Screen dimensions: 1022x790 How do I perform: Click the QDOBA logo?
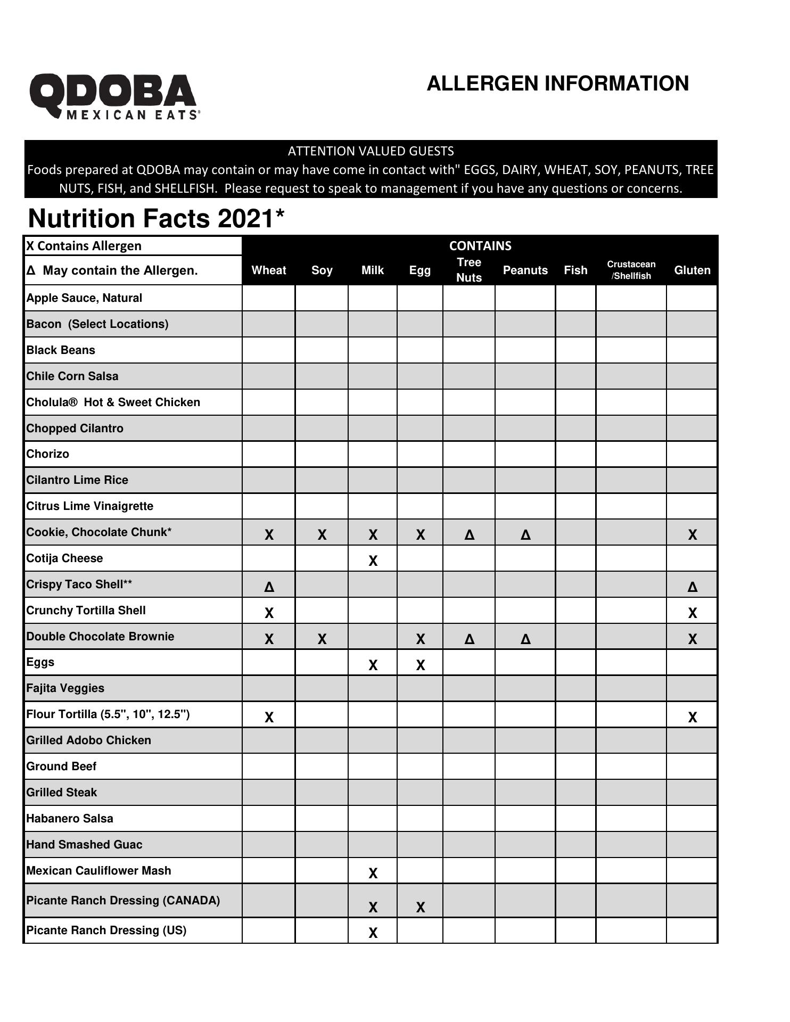click(x=114, y=96)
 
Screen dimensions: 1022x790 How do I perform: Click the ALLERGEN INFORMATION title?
click(x=557, y=84)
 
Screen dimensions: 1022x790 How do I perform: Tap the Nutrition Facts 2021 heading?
click(x=156, y=218)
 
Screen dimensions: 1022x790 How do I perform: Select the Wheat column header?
click(x=269, y=270)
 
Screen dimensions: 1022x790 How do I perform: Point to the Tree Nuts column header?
click(x=468, y=270)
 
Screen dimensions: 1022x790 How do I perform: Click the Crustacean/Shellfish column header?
click(x=631, y=270)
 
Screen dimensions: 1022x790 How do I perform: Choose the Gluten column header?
click(x=692, y=270)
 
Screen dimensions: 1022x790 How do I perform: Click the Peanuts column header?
click(x=525, y=270)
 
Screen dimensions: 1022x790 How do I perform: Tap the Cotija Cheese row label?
click(x=64, y=558)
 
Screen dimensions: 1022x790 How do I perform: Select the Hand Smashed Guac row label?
click(x=84, y=845)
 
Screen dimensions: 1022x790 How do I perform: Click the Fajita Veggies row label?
click(x=65, y=688)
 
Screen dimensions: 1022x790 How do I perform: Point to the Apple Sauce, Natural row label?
click(x=84, y=298)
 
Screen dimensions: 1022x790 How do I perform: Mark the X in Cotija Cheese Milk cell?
click(x=373, y=561)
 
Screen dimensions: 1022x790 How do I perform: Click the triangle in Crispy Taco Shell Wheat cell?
click(x=269, y=587)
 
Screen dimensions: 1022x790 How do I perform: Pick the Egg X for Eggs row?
click(x=420, y=665)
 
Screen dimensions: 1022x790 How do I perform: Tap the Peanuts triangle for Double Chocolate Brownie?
click(x=525, y=639)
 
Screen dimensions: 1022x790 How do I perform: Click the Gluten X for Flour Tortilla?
click(x=692, y=717)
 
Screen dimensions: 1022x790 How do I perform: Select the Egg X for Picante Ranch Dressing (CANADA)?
click(x=420, y=908)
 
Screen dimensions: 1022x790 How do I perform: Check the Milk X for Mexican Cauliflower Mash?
click(x=373, y=873)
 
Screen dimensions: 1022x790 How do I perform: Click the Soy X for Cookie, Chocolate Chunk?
click(x=322, y=535)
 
